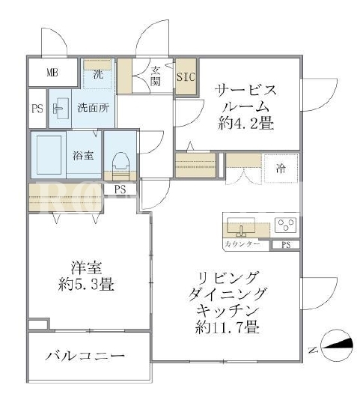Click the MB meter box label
tap(52, 73)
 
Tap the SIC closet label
tap(186, 76)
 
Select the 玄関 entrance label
tap(155, 76)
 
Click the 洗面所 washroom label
tap(94, 108)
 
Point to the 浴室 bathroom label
tap(83, 155)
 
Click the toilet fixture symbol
tap(120, 163)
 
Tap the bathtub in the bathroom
tap(49, 154)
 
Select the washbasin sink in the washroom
tap(61, 108)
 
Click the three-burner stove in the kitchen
tap(286, 225)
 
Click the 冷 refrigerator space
tap(281, 169)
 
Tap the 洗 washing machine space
tap(98, 73)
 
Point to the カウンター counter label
tap(242, 244)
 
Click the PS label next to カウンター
tap(286, 245)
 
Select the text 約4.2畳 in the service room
tap(245, 124)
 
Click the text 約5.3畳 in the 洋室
tap(86, 284)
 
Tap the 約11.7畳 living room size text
tap(228, 327)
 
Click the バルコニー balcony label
tap(85, 355)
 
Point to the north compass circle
tap(337, 345)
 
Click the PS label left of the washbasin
tap(37, 109)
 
